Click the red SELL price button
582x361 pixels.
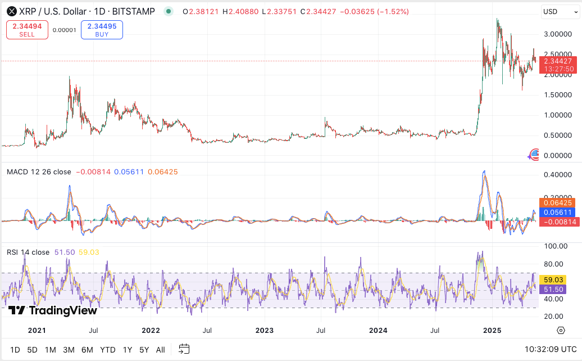[27, 30]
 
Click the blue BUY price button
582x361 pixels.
[101, 30]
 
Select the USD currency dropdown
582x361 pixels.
[557, 12]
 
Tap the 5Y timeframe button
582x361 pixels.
[144, 350]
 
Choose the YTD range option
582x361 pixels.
[107, 350]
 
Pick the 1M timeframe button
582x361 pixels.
[50, 350]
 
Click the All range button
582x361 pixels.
[160, 350]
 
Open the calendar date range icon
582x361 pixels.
[184, 349]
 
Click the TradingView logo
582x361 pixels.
[53, 310]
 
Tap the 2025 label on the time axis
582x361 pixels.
[492, 330]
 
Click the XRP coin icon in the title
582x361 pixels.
[11, 12]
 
